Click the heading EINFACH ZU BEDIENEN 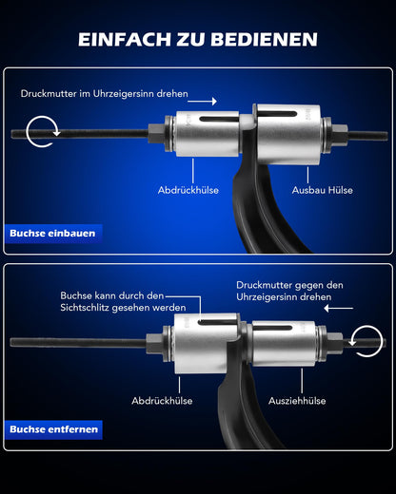pyautogui.click(x=198, y=39)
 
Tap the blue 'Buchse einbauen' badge pyautogui.click(x=52, y=233)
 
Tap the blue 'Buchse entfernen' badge pyautogui.click(x=54, y=429)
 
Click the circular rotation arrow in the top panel pyautogui.click(x=40, y=132)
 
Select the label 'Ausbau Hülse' pyautogui.click(x=323, y=190)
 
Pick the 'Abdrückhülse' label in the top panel pyautogui.click(x=188, y=190)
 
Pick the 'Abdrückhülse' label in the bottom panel pyautogui.click(x=162, y=400)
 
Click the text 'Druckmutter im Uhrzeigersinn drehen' pyautogui.click(x=105, y=95)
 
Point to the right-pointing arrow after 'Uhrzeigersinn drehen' pyautogui.click(x=208, y=101)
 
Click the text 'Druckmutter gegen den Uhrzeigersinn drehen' pyautogui.click(x=289, y=291)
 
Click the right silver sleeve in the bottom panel pyautogui.click(x=286, y=342)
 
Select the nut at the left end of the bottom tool pyautogui.click(x=153, y=342)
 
